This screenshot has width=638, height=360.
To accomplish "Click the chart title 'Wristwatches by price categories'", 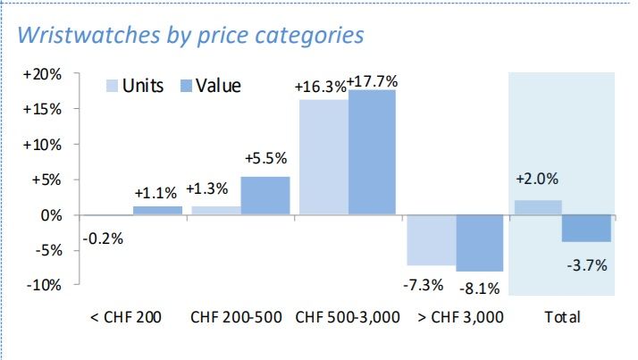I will [x=190, y=36].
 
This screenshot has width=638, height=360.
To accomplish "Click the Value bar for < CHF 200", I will [x=157, y=211].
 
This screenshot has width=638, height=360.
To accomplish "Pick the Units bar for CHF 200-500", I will [x=216, y=211].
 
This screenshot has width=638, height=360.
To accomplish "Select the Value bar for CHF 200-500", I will [x=265, y=196].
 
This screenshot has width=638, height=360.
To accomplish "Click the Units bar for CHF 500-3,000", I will [x=323, y=157].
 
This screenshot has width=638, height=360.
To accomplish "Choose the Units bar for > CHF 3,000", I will [x=431, y=240].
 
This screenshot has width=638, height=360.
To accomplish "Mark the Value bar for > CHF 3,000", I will [x=480, y=243].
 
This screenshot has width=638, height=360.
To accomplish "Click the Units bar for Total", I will [x=538, y=207].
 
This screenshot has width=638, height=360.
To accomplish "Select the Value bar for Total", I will [x=587, y=229].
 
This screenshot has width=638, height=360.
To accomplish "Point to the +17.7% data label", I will [x=374, y=80].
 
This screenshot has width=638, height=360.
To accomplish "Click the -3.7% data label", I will [x=587, y=264].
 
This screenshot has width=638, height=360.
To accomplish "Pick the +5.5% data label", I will [x=265, y=158].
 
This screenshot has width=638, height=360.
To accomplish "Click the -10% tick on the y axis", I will [x=45, y=285].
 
